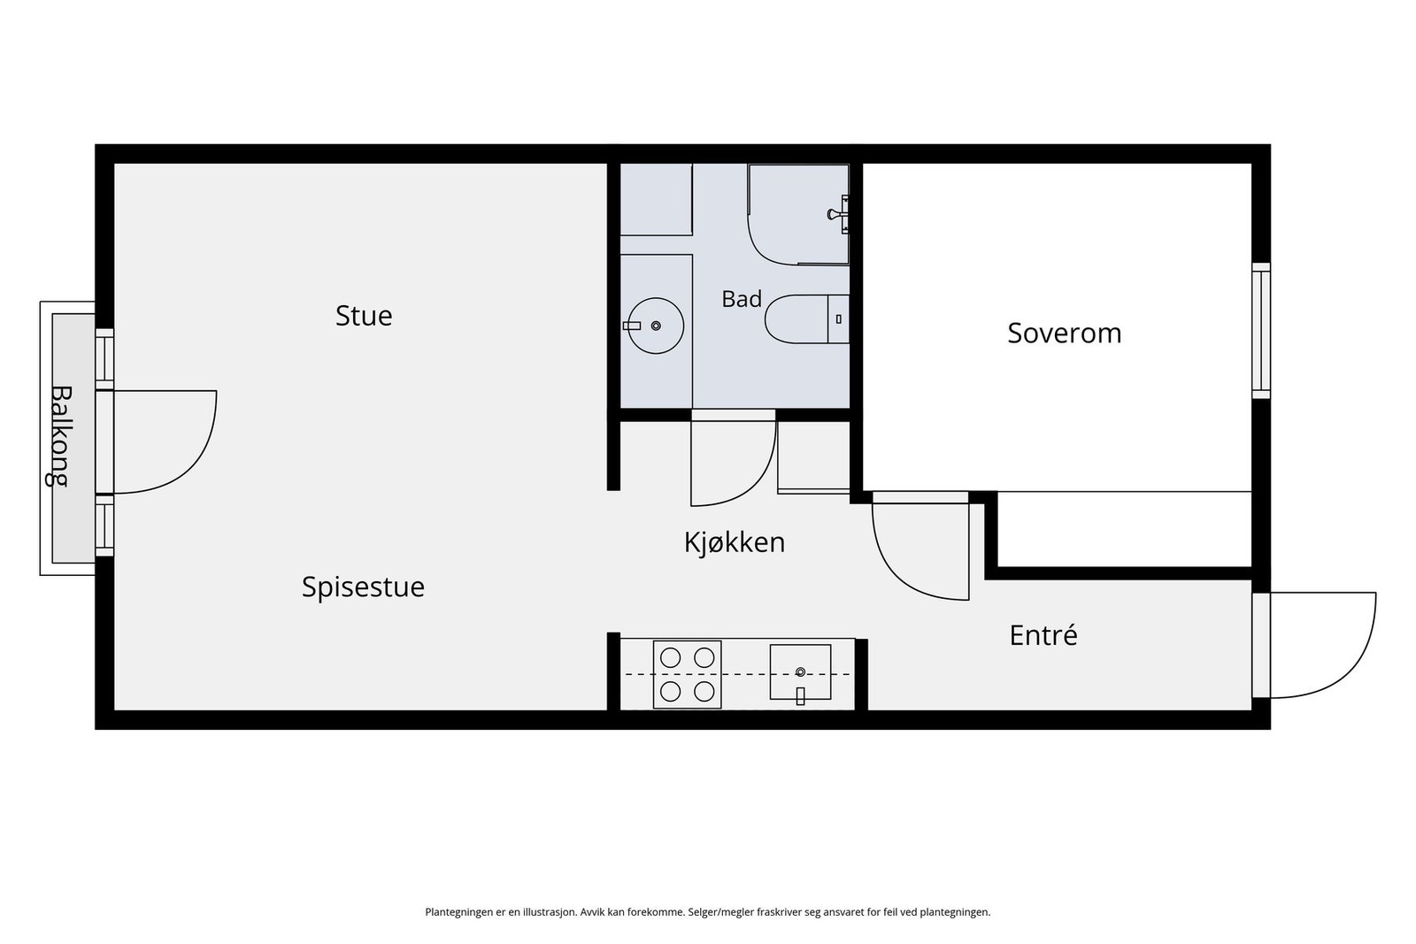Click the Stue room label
364,316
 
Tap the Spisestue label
363,587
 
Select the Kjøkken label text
735,542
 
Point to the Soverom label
1065,333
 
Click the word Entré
1043,635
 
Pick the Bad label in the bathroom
742,299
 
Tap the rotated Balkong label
59,436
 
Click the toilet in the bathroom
806,319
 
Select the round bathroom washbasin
656,326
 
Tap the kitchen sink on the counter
800,672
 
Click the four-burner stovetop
687,675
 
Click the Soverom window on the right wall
1261,331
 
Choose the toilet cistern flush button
839,319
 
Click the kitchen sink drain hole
800,672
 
